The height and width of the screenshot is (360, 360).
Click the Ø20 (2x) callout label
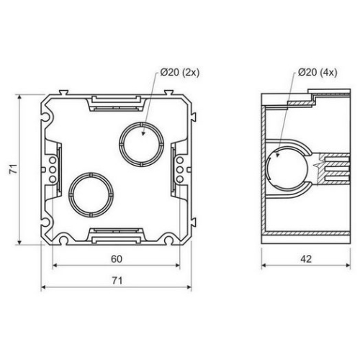coord(180,72)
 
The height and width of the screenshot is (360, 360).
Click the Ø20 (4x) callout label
coord(318,72)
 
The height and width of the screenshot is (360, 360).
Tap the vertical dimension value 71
coord(13,169)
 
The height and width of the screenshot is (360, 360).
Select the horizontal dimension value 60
coord(117,259)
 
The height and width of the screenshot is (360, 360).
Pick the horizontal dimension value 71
coord(117,281)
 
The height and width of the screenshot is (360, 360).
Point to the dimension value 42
coord(306,259)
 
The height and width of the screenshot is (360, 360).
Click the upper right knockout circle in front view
coord(141,122)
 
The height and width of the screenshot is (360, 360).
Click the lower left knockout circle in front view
coord(91,173)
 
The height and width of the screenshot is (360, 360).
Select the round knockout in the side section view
coord(266,168)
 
